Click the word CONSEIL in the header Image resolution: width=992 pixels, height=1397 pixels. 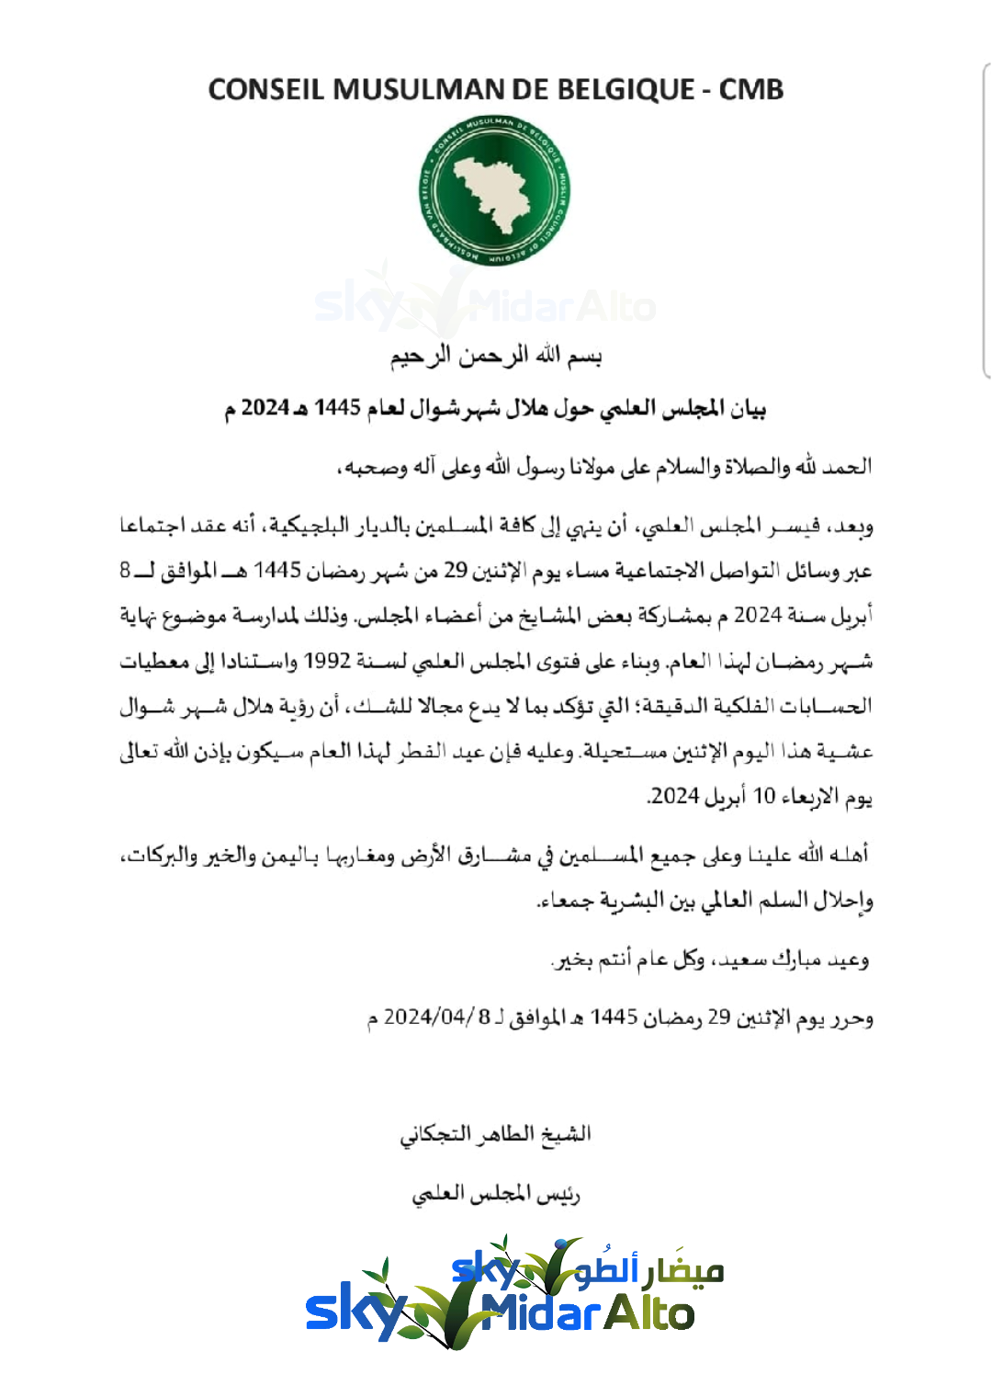coord(266,89)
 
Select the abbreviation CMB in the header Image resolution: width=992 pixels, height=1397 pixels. coord(750,89)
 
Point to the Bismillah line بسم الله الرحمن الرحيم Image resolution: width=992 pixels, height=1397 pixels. coord(496,356)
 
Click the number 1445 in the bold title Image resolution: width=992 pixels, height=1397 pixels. coord(337,407)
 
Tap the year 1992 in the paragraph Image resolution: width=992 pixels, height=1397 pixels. coord(327,661)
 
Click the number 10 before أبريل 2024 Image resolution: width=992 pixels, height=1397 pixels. coord(764,796)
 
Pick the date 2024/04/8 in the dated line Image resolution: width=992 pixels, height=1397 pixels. coord(427,1017)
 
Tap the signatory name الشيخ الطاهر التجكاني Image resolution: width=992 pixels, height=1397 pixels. coord(495,1134)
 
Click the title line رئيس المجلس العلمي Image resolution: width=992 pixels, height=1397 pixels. coord(495,1194)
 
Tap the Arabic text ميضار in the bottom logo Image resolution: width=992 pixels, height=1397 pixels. coord(683,1273)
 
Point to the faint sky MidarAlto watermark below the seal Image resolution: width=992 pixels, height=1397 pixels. coord(485,306)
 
